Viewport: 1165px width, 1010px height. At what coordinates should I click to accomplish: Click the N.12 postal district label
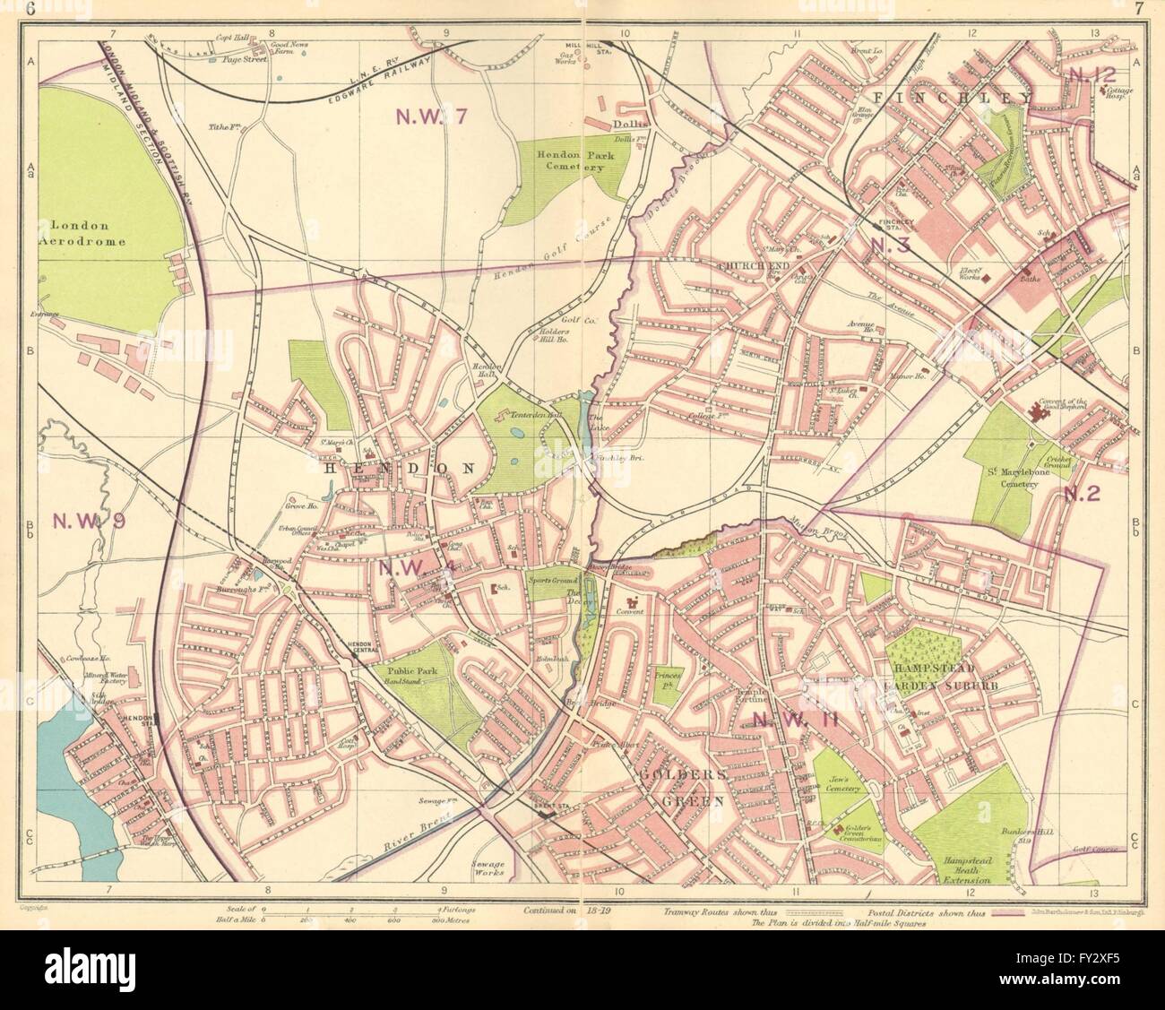[x=1089, y=75]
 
